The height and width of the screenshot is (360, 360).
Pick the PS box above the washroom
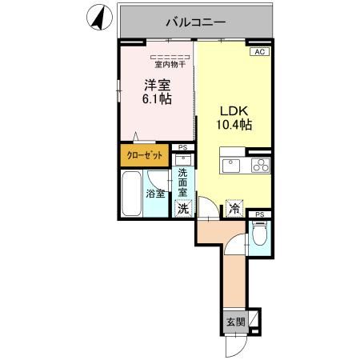(183, 148)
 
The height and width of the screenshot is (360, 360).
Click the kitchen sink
(233, 166)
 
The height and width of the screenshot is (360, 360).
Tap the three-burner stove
(261, 166)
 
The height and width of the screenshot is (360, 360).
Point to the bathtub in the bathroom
(130, 193)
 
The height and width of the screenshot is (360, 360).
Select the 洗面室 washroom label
(183, 183)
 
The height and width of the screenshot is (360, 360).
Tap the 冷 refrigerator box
(234, 207)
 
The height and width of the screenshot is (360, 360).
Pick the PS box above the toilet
(259, 214)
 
